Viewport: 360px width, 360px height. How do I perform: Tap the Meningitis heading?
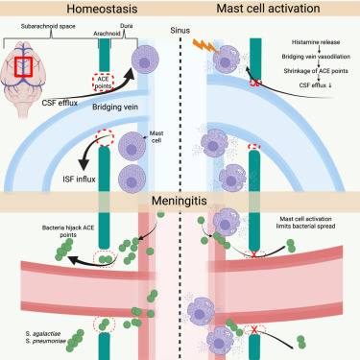180,204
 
